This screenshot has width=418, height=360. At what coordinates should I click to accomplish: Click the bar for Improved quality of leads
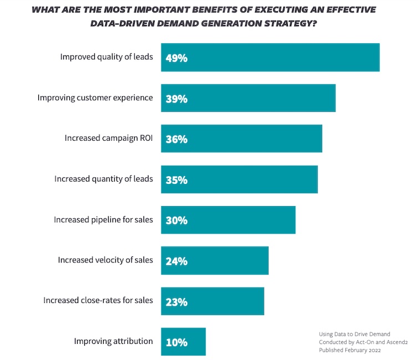(270, 58)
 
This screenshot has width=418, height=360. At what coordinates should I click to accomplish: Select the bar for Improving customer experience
(248, 99)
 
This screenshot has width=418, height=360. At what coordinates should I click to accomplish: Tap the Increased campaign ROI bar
(241, 139)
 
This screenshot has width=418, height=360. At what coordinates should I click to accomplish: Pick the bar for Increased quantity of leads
(239, 179)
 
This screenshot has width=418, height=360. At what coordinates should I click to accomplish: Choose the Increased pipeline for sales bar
(228, 220)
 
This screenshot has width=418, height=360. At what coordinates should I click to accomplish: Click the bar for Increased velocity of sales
(215, 261)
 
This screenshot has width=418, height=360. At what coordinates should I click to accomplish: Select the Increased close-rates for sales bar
(212, 301)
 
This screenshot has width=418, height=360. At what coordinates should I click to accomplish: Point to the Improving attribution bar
(183, 342)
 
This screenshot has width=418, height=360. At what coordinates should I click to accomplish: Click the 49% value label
(176, 58)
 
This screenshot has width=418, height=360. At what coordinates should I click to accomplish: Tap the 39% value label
(176, 99)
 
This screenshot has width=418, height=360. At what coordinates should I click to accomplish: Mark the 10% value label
(176, 342)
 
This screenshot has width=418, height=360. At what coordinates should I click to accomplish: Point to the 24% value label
(176, 261)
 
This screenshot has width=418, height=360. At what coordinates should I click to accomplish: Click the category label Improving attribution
(113, 341)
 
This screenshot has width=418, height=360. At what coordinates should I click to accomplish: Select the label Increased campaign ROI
(109, 138)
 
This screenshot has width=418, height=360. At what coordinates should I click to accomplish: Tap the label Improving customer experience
(95, 97)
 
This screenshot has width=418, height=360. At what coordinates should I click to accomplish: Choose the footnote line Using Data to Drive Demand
(354, 334)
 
